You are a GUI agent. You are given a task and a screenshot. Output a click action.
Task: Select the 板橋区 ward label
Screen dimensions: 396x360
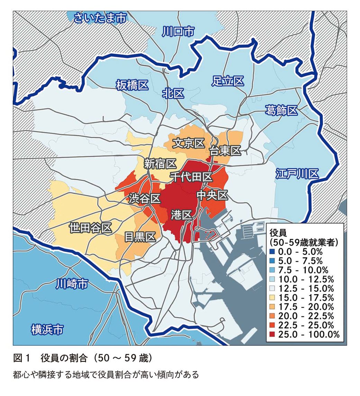click(132, 85)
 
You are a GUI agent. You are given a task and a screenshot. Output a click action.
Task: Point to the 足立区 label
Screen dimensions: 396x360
click(227, 81)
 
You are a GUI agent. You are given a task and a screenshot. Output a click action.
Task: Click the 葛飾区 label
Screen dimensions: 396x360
click(281, 111)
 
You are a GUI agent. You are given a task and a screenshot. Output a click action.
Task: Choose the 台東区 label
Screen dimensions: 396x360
click(225, 151)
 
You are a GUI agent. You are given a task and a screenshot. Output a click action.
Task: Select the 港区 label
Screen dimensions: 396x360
click(181, 215)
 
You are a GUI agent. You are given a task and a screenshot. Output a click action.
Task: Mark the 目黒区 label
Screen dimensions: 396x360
click(139, 237)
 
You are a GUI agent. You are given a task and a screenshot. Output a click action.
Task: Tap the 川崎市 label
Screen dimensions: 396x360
click(72, 285)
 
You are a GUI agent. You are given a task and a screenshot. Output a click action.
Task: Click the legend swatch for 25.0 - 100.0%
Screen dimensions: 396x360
click(272, 334)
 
